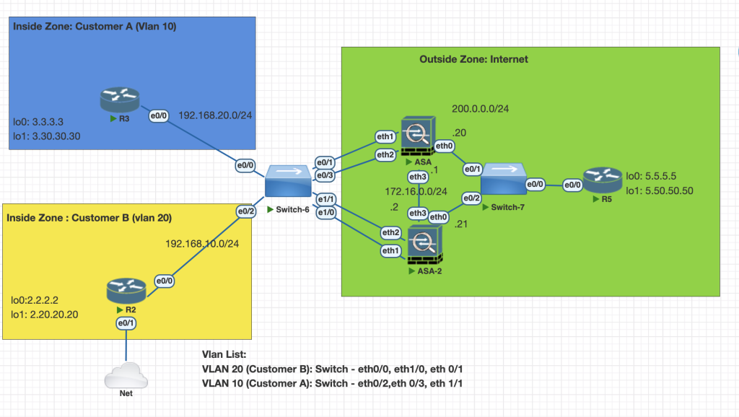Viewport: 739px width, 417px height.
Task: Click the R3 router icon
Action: pyautogui.click(x=120, y=100)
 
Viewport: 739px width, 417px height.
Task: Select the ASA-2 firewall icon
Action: pyautogui.click(x=427, y=244)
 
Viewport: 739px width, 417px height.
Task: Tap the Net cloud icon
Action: pyautogui.click(x=126, y=377)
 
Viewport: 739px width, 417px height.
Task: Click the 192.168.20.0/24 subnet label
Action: pyautogui.click(x=214, y=115)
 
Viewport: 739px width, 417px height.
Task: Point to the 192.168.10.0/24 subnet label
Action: pyautogui.click(x=203, y=243)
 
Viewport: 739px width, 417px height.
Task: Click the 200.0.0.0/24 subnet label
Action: pyautogui.click(x=481, y=109)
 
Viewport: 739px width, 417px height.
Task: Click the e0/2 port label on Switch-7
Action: pyautogui.click(x=471, y=198)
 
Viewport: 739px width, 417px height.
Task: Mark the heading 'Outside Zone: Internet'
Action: pyautogui.click(x=473, y=59)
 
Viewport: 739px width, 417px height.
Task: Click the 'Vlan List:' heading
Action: pyautogui.click(x=224, y=355)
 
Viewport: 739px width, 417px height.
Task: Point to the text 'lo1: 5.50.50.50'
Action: pyautogui.click(x=660, y=191)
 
